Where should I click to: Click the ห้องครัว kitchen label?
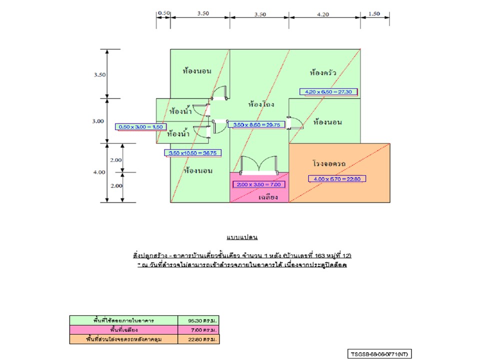click(322, 73)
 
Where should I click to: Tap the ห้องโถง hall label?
click(261, 104)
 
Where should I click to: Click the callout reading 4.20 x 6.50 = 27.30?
click(328, 92)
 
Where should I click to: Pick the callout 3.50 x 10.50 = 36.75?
click(193, 153)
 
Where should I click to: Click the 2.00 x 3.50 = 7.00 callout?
click(259, 184)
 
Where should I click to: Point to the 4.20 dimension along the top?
click(323, 14)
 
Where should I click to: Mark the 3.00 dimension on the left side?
click(99, 121)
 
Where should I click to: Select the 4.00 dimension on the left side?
click(99, 172)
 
